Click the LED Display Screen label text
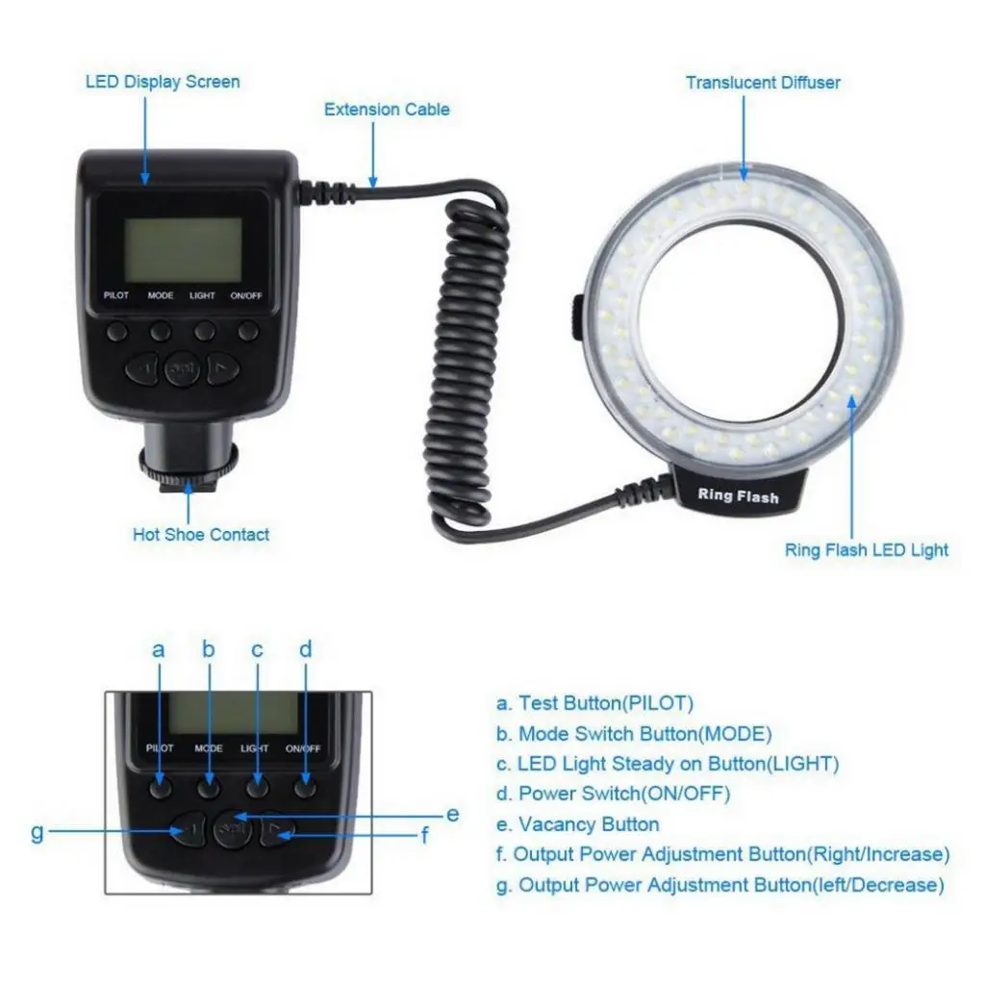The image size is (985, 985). (163, 82)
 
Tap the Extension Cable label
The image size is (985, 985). (387, 110)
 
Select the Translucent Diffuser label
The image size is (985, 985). (763, 83)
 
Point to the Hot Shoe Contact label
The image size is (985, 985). (201, 535)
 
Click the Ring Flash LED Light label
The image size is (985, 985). (867, 550)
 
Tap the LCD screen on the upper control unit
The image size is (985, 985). (184, 249)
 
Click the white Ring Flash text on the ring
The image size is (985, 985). (738, 496)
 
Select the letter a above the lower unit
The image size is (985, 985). (159, 650)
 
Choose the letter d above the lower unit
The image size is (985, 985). (306, 650)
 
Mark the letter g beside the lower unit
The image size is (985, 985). (38, 832)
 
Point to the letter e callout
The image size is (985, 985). (453, 815)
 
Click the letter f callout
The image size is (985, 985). (424, 836)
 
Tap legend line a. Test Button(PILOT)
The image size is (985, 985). (594, 703)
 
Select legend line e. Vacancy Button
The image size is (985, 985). (577, 824)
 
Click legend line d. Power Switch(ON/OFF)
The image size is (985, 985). (613, 795)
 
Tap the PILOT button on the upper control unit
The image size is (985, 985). (116, 332)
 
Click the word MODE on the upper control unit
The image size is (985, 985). (161, 295)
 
